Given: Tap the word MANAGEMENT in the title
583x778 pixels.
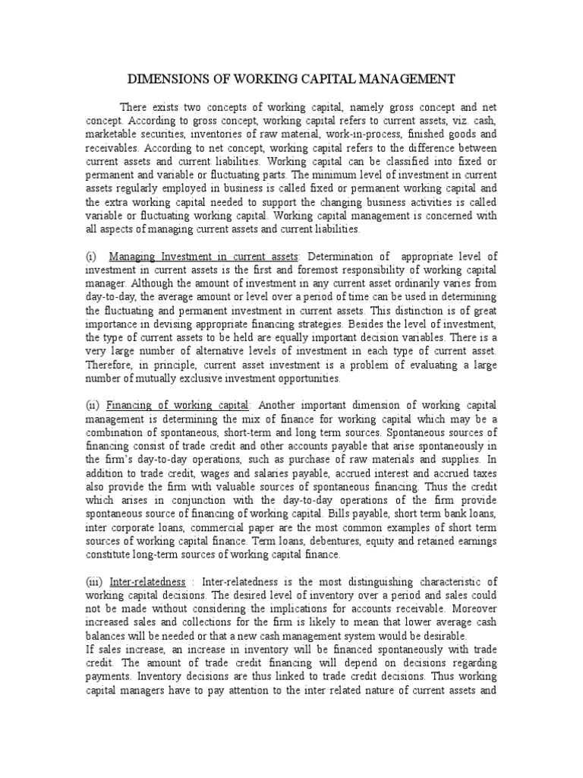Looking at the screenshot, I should [x=404, y=78].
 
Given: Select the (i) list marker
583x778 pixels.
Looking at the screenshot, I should [x=90, y=257].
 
